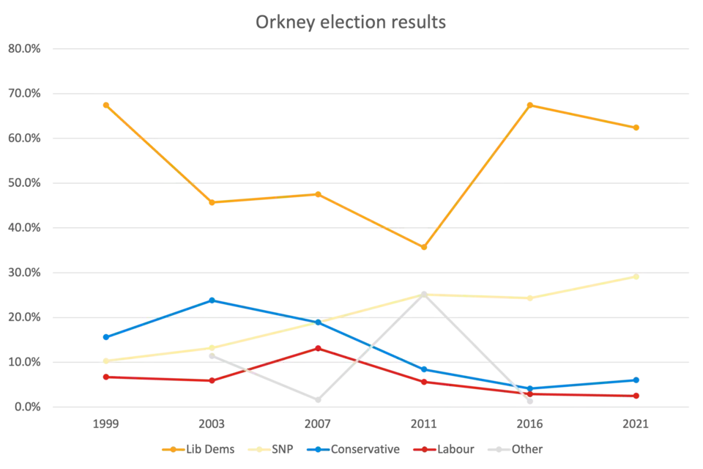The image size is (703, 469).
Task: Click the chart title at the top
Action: (x=351, y=20)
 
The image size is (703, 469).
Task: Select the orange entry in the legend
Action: (x=208, y=450)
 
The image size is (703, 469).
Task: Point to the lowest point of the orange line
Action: (x=423, y=248)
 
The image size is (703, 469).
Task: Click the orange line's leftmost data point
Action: (x=105, y=104)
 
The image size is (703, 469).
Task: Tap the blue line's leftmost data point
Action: (x=105, y=337)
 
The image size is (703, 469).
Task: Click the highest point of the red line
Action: (x=318, y=347)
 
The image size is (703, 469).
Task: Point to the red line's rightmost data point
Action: (x=636, y=396)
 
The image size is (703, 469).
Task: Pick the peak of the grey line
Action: (x=423, y=291)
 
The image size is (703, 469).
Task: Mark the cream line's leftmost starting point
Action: (x=105, y=360)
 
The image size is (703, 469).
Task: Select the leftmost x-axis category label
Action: (x=105, y=425)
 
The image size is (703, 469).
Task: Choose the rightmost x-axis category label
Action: (x=636, y=425)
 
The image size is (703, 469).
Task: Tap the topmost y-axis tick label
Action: (x=21, y=50)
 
